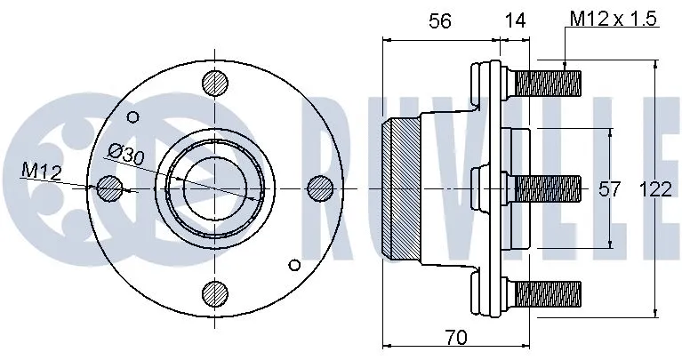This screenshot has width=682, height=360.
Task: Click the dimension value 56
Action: [440, 23]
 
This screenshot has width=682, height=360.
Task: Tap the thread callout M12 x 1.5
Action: [614, 19]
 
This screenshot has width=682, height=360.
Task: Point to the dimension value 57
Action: [608, 188]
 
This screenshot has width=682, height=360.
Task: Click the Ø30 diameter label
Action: [127, 155]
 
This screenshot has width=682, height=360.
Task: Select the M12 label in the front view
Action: [41, 171]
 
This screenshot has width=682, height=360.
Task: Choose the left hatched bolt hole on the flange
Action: [108, 188]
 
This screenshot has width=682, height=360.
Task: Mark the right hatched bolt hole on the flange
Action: [319, 188]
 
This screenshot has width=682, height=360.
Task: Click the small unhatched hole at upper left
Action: [133, 116]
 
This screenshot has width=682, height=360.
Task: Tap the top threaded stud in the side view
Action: [547, 85]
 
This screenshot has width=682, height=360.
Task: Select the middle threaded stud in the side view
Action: [547, 188]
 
